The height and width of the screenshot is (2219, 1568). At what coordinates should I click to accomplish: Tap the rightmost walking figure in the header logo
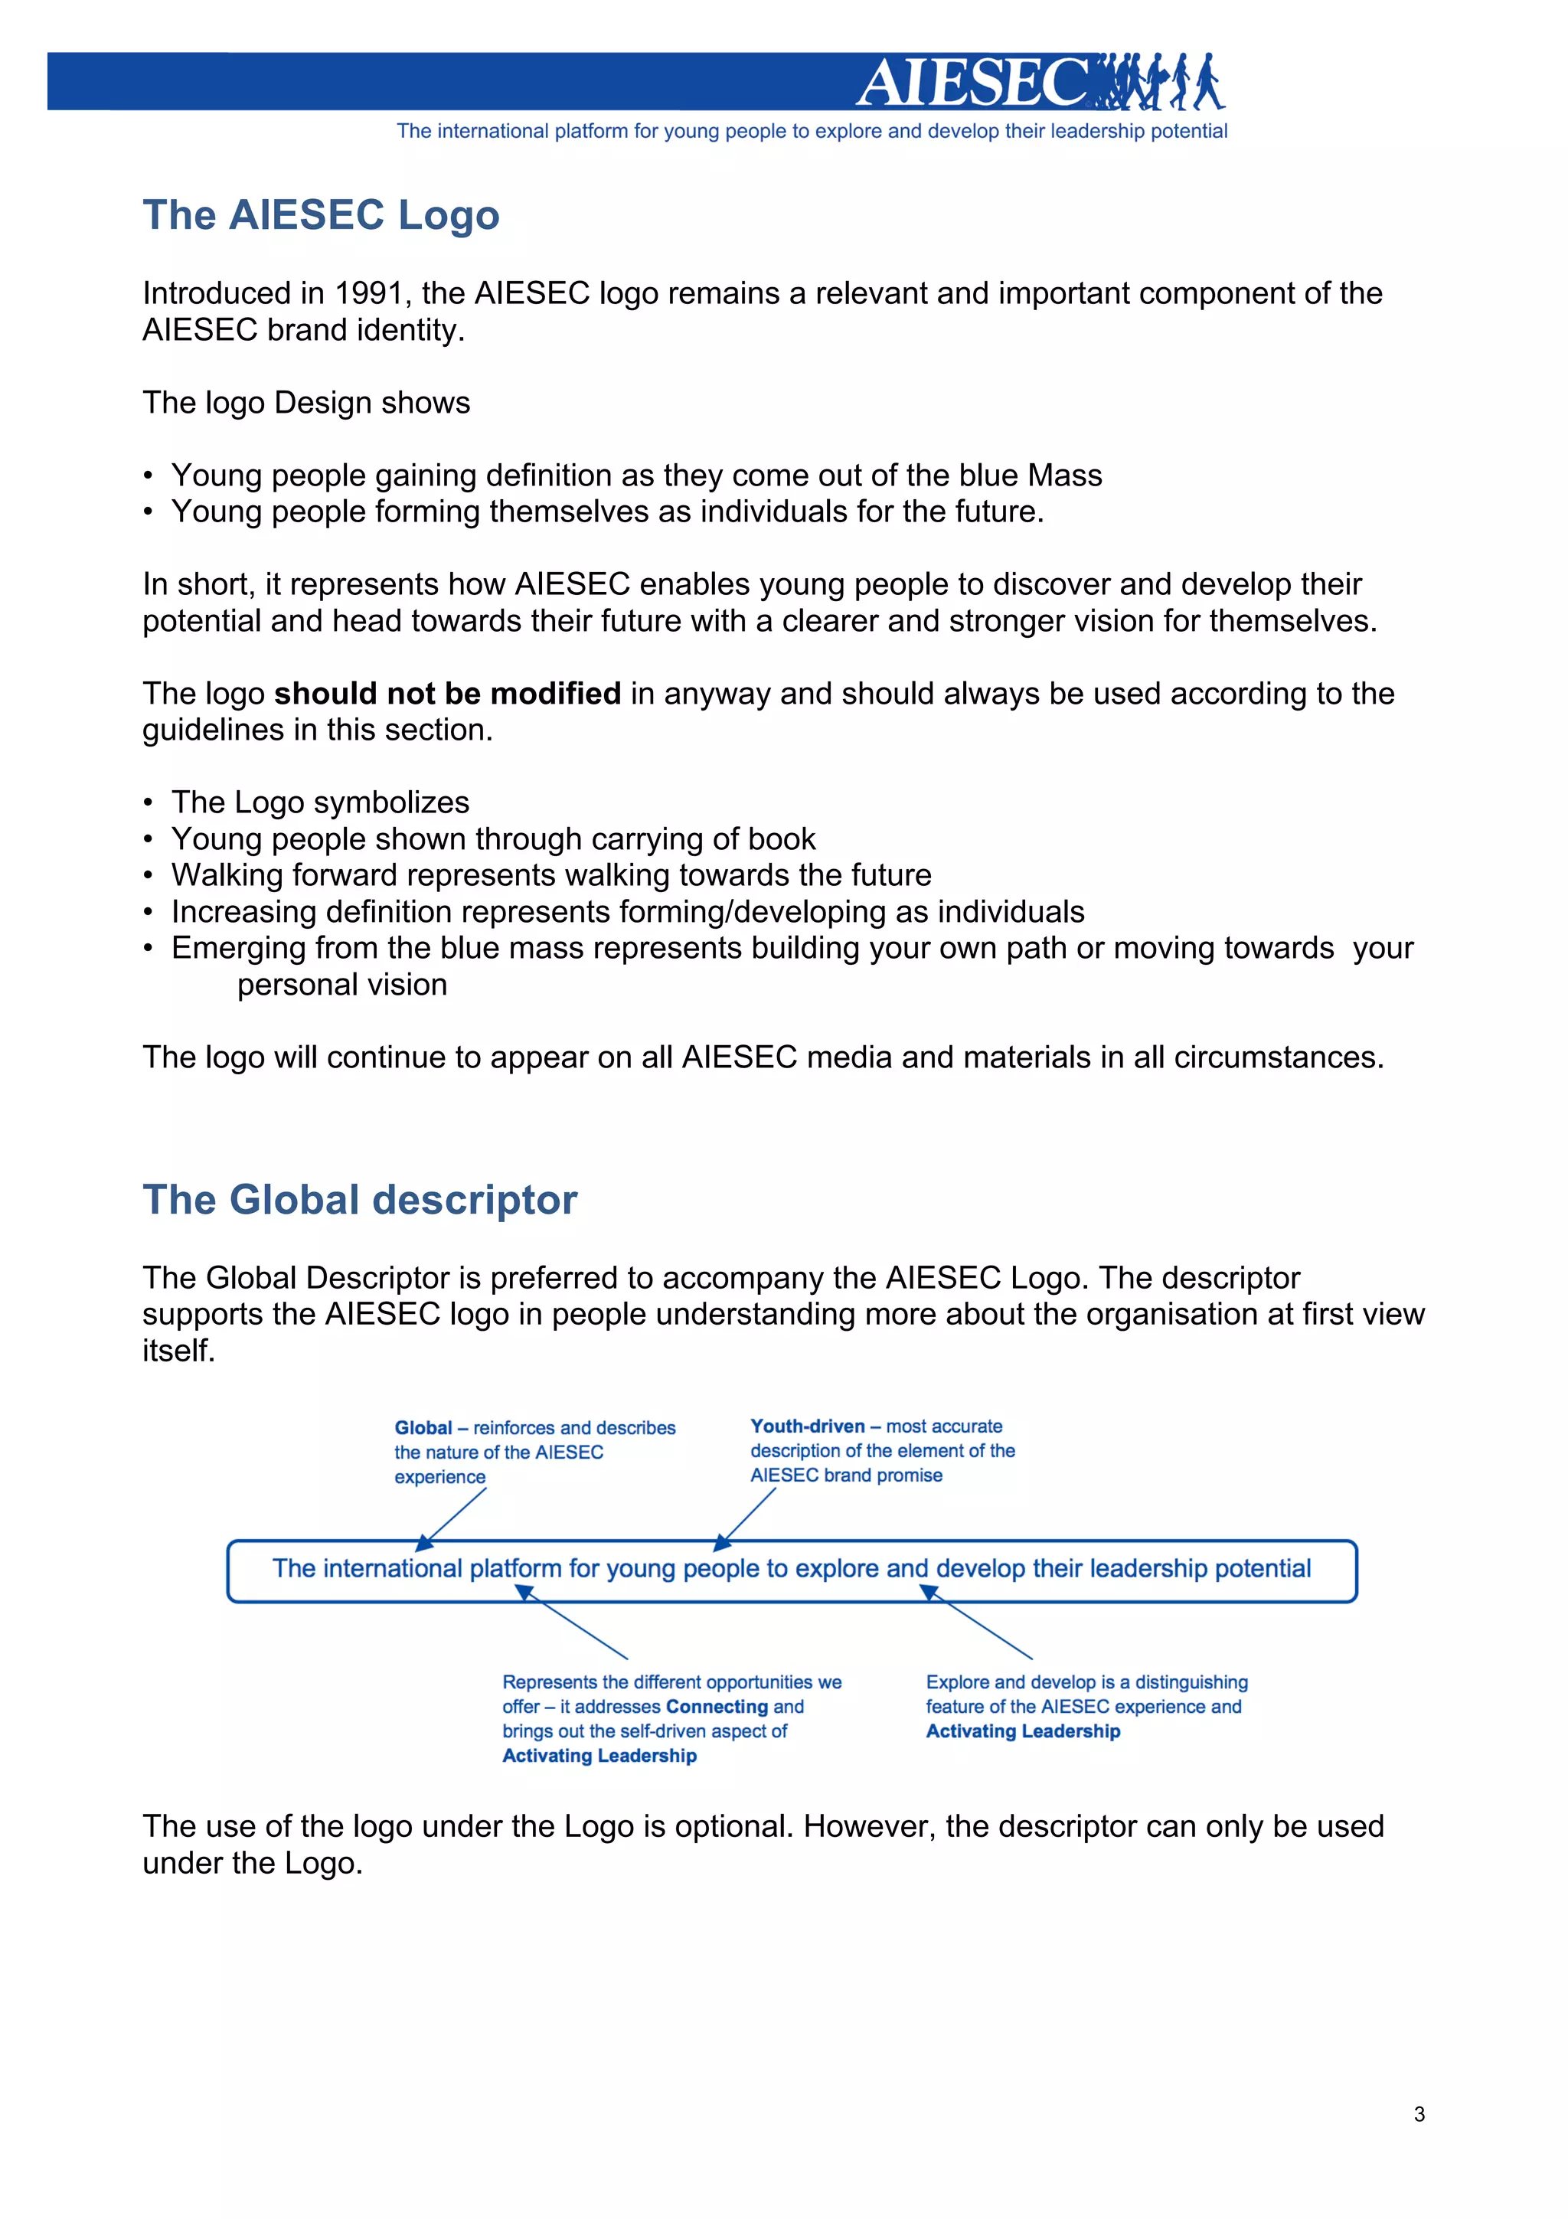[1207, 81]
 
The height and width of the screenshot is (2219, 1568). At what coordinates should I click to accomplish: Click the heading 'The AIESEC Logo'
[321, 214]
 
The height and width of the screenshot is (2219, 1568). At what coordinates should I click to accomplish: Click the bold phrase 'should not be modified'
[447, 693]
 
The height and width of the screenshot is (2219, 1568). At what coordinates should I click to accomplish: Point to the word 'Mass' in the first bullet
[1065, 475]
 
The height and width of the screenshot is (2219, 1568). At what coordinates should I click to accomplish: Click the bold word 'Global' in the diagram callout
[423, 1427]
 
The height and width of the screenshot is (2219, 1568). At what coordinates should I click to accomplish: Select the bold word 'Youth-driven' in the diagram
[808, 1426]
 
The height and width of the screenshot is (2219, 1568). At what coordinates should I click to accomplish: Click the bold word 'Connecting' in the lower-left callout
[717, 1707]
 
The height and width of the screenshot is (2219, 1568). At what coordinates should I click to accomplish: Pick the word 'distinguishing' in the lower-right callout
[1191, 1681]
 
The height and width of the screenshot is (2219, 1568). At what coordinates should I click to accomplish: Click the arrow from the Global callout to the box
[452, 1518]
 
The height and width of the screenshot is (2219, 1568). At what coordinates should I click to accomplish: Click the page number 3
[1418, 2113]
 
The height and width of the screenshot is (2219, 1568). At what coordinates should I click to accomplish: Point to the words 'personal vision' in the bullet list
[342, 984]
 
